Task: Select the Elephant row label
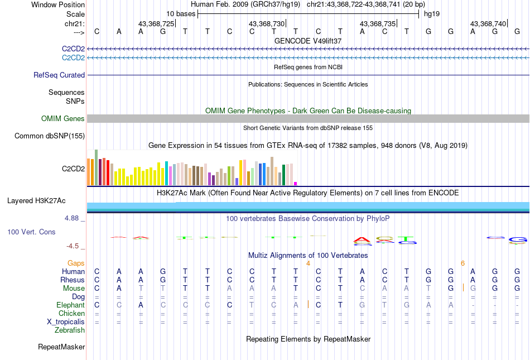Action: click(70, 305)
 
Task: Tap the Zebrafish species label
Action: click(70, 330)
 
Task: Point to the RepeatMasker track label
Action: click(61, 347)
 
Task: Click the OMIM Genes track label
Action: click(63, 119)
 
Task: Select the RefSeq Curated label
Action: click(59, 75)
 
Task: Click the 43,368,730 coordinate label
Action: click(267, 24)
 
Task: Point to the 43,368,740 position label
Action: click(488, 24)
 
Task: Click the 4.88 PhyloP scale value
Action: click(73, 218)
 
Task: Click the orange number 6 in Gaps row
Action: click(462, 263)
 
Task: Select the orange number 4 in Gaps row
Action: click(307, 263)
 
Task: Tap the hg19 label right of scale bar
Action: click(431, 13)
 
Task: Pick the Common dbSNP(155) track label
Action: click(50, 136)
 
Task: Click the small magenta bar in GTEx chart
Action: click(296, 183)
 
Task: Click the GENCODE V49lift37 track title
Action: click(308, 41)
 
